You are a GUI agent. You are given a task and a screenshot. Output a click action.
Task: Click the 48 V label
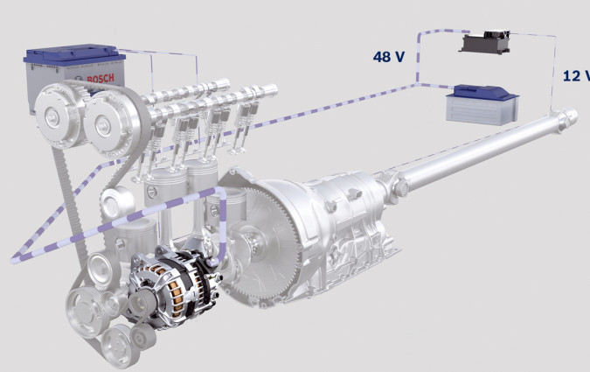click(389, 57)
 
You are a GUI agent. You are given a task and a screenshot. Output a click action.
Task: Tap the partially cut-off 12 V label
click(576, 76)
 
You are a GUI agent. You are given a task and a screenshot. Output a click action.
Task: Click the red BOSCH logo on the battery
click(101, 79)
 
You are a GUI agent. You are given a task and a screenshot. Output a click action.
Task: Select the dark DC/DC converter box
click(485, 42)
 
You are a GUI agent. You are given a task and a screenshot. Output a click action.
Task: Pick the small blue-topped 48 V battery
click(482, 104)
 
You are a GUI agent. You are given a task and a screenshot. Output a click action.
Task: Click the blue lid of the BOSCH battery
click(74, 54)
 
